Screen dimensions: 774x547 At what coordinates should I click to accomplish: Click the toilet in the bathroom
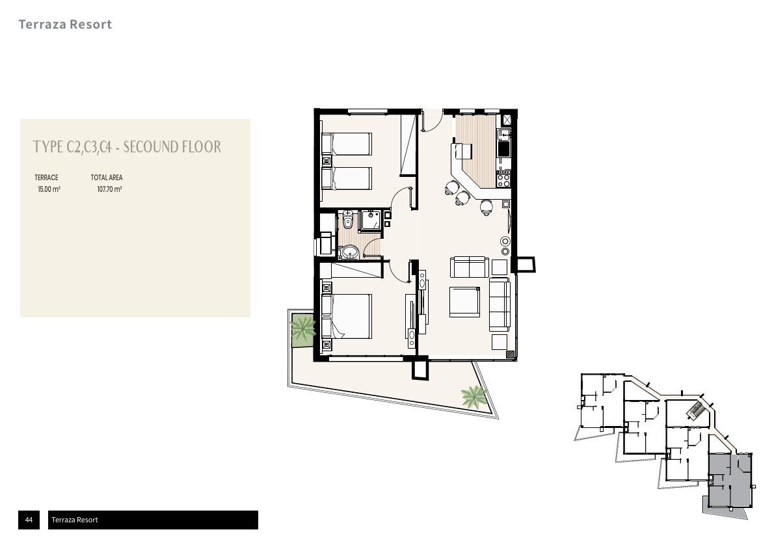(x=348, y=220)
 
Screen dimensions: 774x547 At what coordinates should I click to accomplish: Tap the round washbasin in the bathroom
(x=350, y=252)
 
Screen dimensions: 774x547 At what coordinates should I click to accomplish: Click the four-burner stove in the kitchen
(x=503, y=181)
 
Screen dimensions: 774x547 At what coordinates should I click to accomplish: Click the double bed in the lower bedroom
(x=346, y=316)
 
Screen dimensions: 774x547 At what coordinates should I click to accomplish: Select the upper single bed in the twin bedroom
(x=346, y=144)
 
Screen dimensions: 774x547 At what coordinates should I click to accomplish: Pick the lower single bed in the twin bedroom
(x=346, y=178)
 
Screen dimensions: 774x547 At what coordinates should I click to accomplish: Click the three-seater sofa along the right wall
(x=499, y=304)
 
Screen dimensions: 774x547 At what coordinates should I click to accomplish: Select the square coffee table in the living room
(x=464, y=302)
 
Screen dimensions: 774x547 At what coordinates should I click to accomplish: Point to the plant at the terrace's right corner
(x=474, y=395)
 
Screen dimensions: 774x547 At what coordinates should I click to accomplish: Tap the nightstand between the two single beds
(x=327, y=161)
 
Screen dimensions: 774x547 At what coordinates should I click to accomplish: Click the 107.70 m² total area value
(x=109, y=189)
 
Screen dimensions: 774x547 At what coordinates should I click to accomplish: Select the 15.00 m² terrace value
(x=49, y=189)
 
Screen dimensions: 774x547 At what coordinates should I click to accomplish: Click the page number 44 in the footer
(x=29, y=520)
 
